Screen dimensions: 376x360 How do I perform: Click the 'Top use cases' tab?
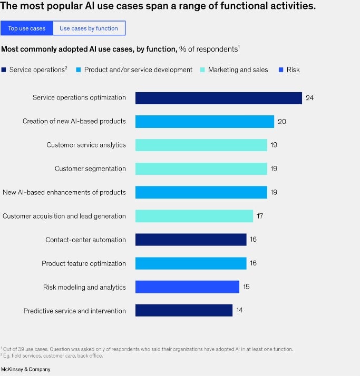(x=27, y=28)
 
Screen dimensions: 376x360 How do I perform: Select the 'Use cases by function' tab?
(x=89, y=28)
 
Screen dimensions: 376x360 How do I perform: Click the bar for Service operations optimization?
(x=218, y=98)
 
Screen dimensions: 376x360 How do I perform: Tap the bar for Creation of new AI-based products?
(x=205, y=122)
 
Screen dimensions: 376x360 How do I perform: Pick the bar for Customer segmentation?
(x=201, y=169)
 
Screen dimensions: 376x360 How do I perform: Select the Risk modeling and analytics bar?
(x=187, y=287)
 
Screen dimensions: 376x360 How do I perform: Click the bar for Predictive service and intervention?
(x=183, y=311)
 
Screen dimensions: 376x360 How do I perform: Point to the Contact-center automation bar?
(x=191, y=240)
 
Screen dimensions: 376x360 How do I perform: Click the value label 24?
(x=309, y=98)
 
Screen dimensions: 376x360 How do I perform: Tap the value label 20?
(x=281, y=122)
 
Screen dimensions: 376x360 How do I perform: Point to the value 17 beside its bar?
(x=260, y=216)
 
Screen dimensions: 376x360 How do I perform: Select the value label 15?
(x=246, y=287)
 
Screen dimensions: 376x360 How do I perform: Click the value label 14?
(x=239, y=311)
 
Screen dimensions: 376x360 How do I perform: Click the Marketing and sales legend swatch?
(x=203, y=70)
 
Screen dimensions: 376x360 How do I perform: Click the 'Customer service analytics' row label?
(x=86, y=145)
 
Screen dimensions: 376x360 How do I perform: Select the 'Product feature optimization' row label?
(x=84, y=263)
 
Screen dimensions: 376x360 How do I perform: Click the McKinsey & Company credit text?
(x=26, y=369)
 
